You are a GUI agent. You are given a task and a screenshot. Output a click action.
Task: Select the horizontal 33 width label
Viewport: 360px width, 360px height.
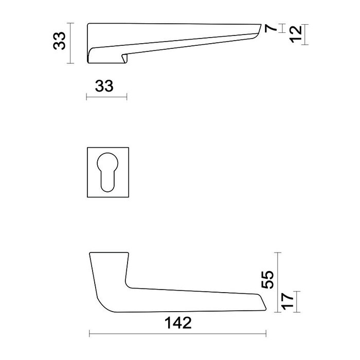(x=104, y=86)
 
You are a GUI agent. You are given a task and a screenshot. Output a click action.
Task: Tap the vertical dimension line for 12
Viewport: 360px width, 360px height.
(x=307, y=34)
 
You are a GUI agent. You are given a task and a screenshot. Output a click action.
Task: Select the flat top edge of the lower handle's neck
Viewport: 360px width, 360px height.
(x=109, y=253)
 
